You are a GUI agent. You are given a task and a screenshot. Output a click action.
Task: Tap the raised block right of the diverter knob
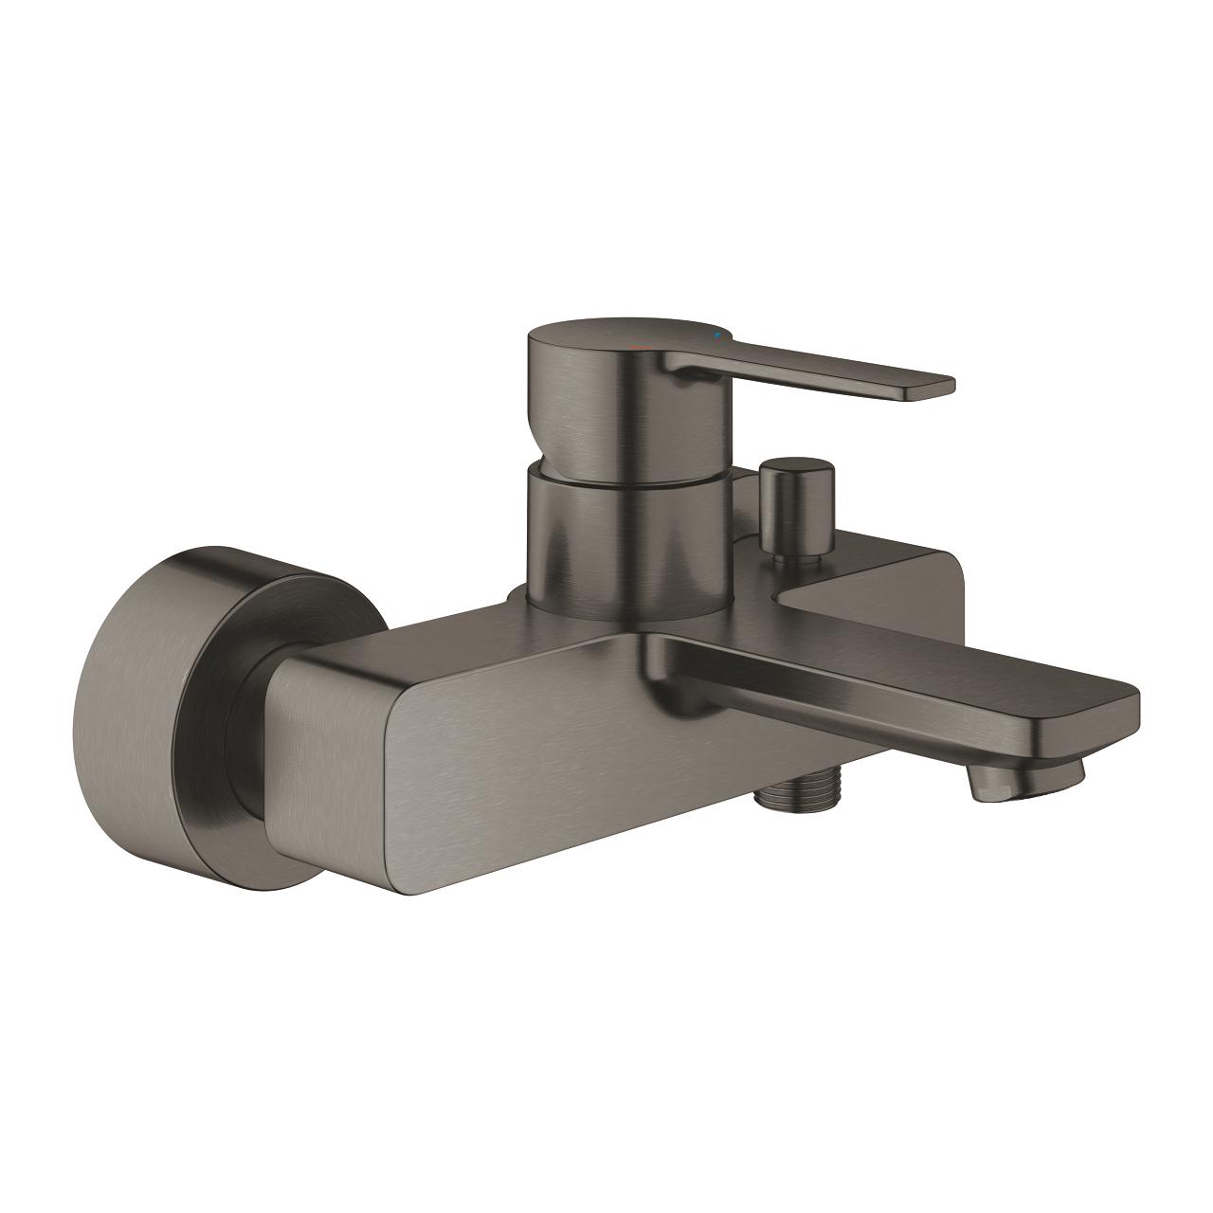900,578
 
